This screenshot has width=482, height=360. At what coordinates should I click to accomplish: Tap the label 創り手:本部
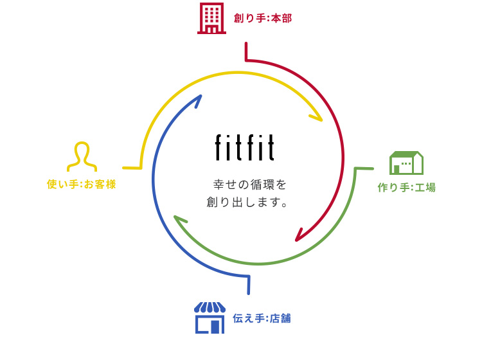pyautogui.click(x=262, y=19)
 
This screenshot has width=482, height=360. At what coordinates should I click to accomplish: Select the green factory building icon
pyautogui.click(x=406, y=163)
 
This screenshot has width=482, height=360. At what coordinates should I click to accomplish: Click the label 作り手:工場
pyautogui.click(x=406, y=188)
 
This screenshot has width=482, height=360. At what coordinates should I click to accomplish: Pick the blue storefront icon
pyautogui.click(x=210, y=318)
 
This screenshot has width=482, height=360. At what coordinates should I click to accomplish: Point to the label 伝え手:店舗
pyautogui.click(x=263, y=318)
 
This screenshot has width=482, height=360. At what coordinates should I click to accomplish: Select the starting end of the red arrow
pyautogui.click(x=246, y=44)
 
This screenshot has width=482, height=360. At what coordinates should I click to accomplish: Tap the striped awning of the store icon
pyautogui.click(x=210, y=308)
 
